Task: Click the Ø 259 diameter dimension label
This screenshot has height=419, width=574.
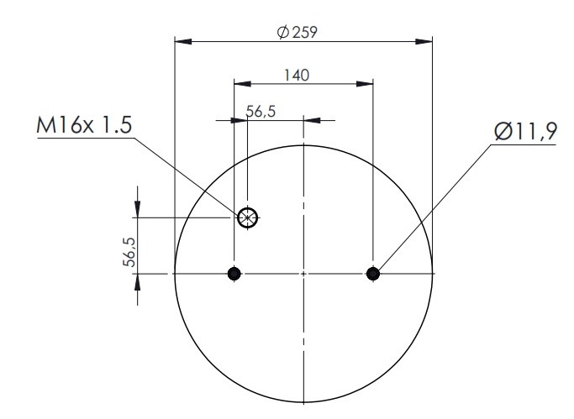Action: (298, 32)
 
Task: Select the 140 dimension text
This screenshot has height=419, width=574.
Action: (297, 76)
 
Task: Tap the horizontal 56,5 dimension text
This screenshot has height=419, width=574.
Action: (261, 111)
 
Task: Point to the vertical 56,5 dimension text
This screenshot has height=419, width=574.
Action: (129, 252)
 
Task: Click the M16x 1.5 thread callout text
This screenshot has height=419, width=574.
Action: (84, 125)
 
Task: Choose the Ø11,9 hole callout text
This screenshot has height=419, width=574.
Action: (526, 132)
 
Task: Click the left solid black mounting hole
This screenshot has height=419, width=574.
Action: (234, 274)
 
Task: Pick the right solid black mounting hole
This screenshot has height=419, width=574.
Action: (373, 274)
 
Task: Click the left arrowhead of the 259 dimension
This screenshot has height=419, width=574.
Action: (183, 41)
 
